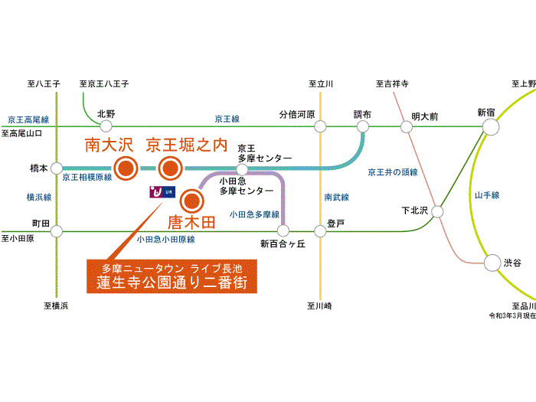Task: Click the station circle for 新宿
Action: point(491,127)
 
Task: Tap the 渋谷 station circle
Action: point(492,263)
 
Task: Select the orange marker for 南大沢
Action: point(126,168)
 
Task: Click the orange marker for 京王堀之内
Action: point(170,168)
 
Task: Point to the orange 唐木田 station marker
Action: point(191,201)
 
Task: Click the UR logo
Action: point(162,192)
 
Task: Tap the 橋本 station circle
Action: point(57,168)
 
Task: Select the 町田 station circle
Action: point(57,231)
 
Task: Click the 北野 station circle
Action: point(106,126)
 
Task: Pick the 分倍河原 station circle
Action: point(320,126)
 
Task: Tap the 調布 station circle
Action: point(363,126)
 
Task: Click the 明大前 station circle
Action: point(407,127)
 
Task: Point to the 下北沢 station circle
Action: point(437,211)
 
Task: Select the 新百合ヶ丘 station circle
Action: point(283,230)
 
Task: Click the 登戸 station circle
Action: point(320,231)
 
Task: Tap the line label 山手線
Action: point(487,195)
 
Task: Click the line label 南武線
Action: point(337,197)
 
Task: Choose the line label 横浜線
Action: point(39,197)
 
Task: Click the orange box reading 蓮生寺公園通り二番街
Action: point(172,276)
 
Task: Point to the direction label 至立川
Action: point(321,83)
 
